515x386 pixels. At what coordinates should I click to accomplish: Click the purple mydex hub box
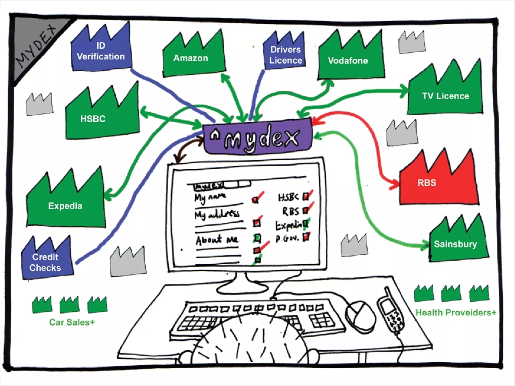point(258,137)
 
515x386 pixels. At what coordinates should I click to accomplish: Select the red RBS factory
point(439,183)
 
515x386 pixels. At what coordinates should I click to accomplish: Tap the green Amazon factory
point(194,59)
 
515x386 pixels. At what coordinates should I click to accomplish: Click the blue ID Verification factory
point(101,52)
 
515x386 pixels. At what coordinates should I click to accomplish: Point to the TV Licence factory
point(445,95)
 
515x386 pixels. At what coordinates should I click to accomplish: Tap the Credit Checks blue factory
point(47,261)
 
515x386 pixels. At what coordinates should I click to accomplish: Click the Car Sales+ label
point(72,322)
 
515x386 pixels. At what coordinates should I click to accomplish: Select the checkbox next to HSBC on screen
point(306,197)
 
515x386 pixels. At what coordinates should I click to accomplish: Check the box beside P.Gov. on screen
point(306,237)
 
